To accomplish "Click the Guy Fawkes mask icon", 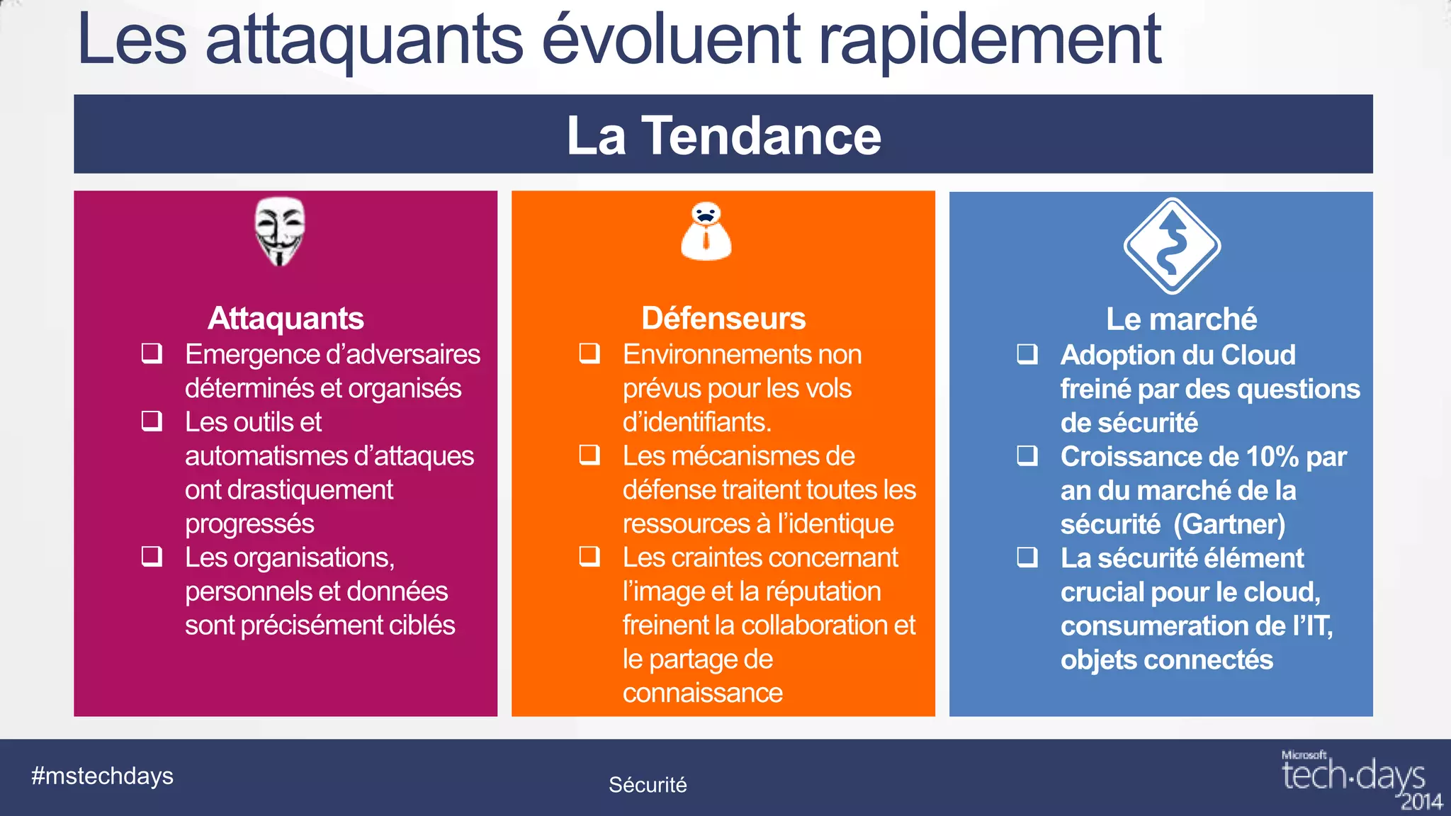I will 280,231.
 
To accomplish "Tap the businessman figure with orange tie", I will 706,232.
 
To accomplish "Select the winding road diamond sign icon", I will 1172,246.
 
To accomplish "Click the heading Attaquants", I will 286,318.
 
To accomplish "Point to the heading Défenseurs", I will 723,318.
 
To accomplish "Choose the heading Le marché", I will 1181,319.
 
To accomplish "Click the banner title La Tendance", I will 723,135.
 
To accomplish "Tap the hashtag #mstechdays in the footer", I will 102,776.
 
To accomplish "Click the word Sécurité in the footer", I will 648,784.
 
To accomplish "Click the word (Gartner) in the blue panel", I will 1229,524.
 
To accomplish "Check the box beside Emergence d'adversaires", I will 152,353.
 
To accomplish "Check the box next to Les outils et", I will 152,421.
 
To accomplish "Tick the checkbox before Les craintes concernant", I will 589,556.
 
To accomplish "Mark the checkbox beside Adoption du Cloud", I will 1027,353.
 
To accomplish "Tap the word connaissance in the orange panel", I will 702,693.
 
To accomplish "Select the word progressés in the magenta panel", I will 249,523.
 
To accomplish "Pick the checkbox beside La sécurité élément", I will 1027,557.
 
